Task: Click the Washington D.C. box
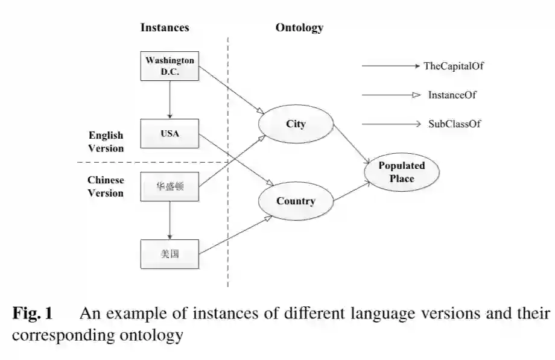[170, 66]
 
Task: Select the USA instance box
[170, 133]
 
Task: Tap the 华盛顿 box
[170, 186]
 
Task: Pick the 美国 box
[170, 254]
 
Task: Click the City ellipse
[296, 124]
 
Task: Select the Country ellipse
[296, 201]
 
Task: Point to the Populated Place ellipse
[401, 172]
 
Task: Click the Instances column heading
[165, 27]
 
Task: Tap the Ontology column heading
[299, 27]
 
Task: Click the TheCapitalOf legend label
[454, 66]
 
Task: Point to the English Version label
[106, 142]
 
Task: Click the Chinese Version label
[106, 186]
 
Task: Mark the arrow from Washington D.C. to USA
[170, 99]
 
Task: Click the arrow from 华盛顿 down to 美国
[170, 220]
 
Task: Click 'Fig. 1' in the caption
[33, 314]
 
